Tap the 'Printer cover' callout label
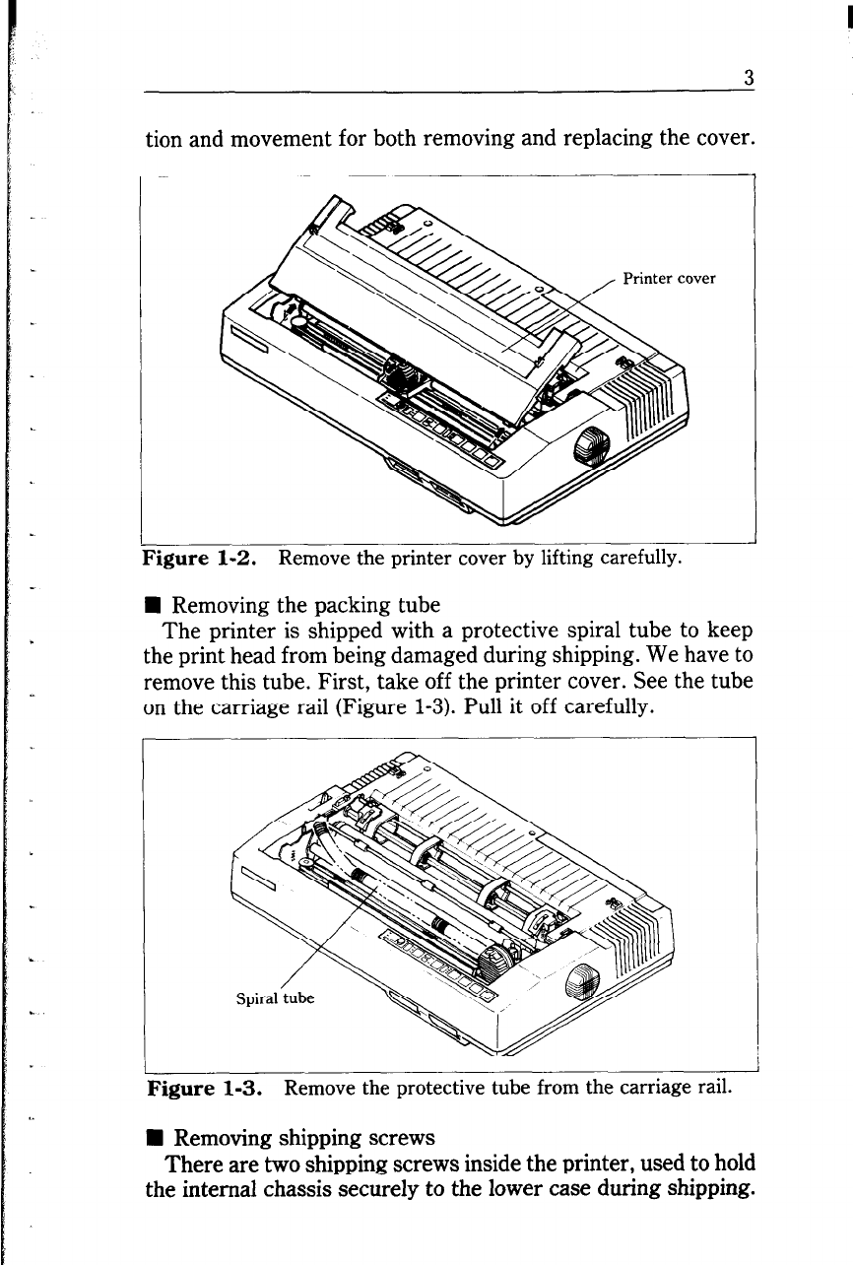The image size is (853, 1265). (669, 278)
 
